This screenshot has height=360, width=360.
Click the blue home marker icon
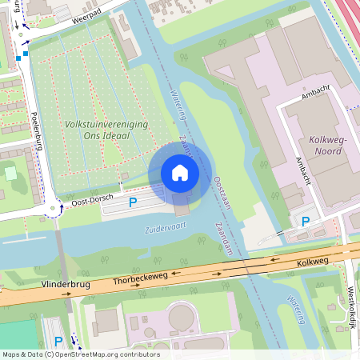click(x=180, y=172)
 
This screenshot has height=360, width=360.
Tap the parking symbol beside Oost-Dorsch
click(x=133, y=203)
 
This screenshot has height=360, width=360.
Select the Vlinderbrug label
click(x=62, y=284)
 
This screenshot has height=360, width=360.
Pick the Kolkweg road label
click(x=312, y=262)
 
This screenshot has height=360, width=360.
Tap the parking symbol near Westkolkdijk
click(x=305, y=221)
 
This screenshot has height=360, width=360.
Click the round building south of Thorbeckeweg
click(x=181, y=317)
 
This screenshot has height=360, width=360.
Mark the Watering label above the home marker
click(x=178, y=106)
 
